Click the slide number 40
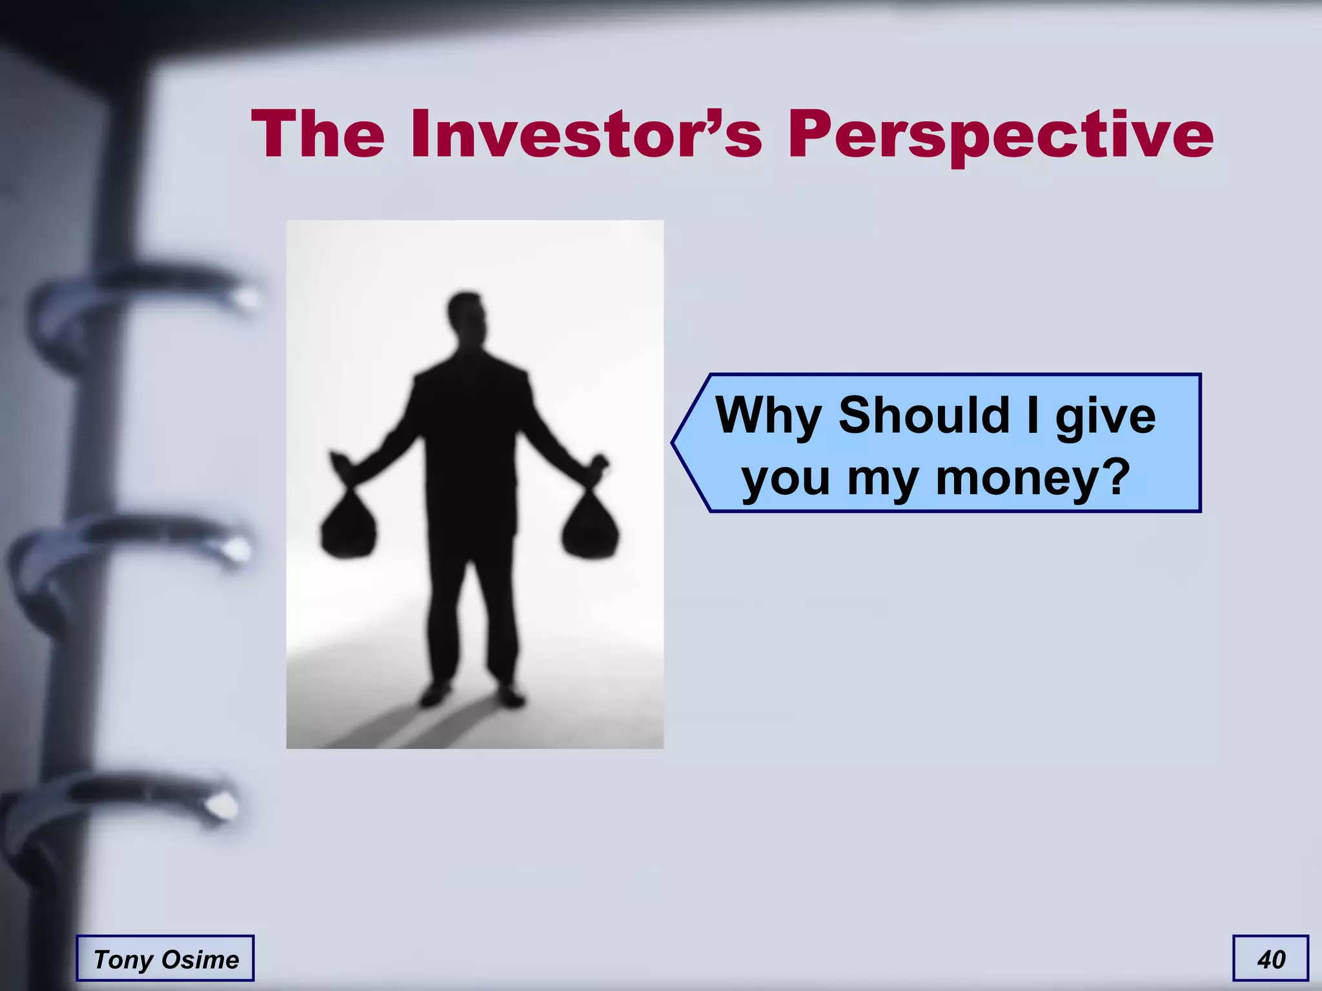(x=1271, y=959)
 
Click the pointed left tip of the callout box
(x=675, y=443)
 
